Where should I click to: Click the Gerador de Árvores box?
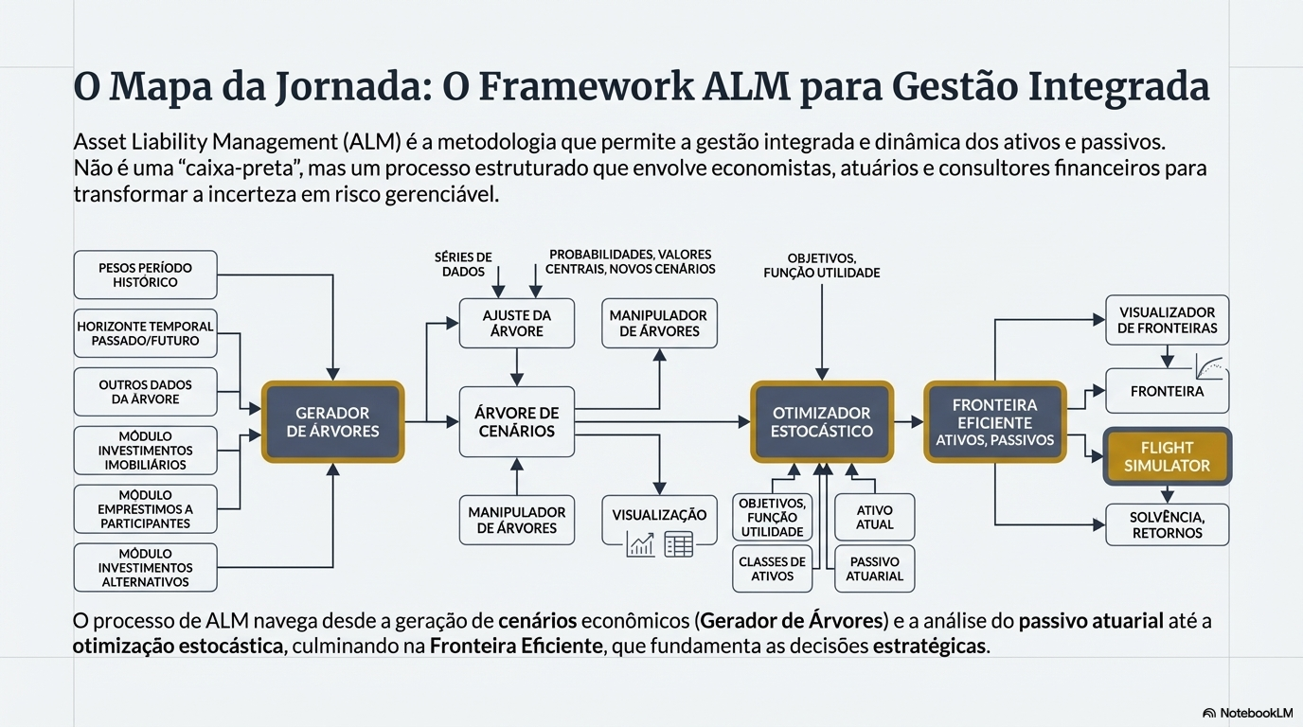pos(332,421)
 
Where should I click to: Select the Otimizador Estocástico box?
pos(821,421)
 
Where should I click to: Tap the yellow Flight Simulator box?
pos(1167,456)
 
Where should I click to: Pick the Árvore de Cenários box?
pos(516,421)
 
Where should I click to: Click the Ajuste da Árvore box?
pos(516,324)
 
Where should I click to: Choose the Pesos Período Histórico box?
pos(146,275)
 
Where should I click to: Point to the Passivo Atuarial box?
pos(874,569)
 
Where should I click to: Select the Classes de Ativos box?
pos(772,569)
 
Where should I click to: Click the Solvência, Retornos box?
pos(1167,524)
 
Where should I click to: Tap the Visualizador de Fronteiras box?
pos(1167,320)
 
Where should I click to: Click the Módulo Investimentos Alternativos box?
pos(146,568)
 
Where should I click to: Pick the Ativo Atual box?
pos(874,517)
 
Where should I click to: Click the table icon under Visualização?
pos(679,544)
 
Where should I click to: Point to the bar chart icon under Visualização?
pos(640,544)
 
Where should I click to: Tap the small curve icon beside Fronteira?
pos(1209,366)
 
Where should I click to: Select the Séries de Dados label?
pos(463,264)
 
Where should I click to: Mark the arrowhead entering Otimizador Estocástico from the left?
pos(744,421)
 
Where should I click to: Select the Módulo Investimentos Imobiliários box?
pos(146,451)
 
